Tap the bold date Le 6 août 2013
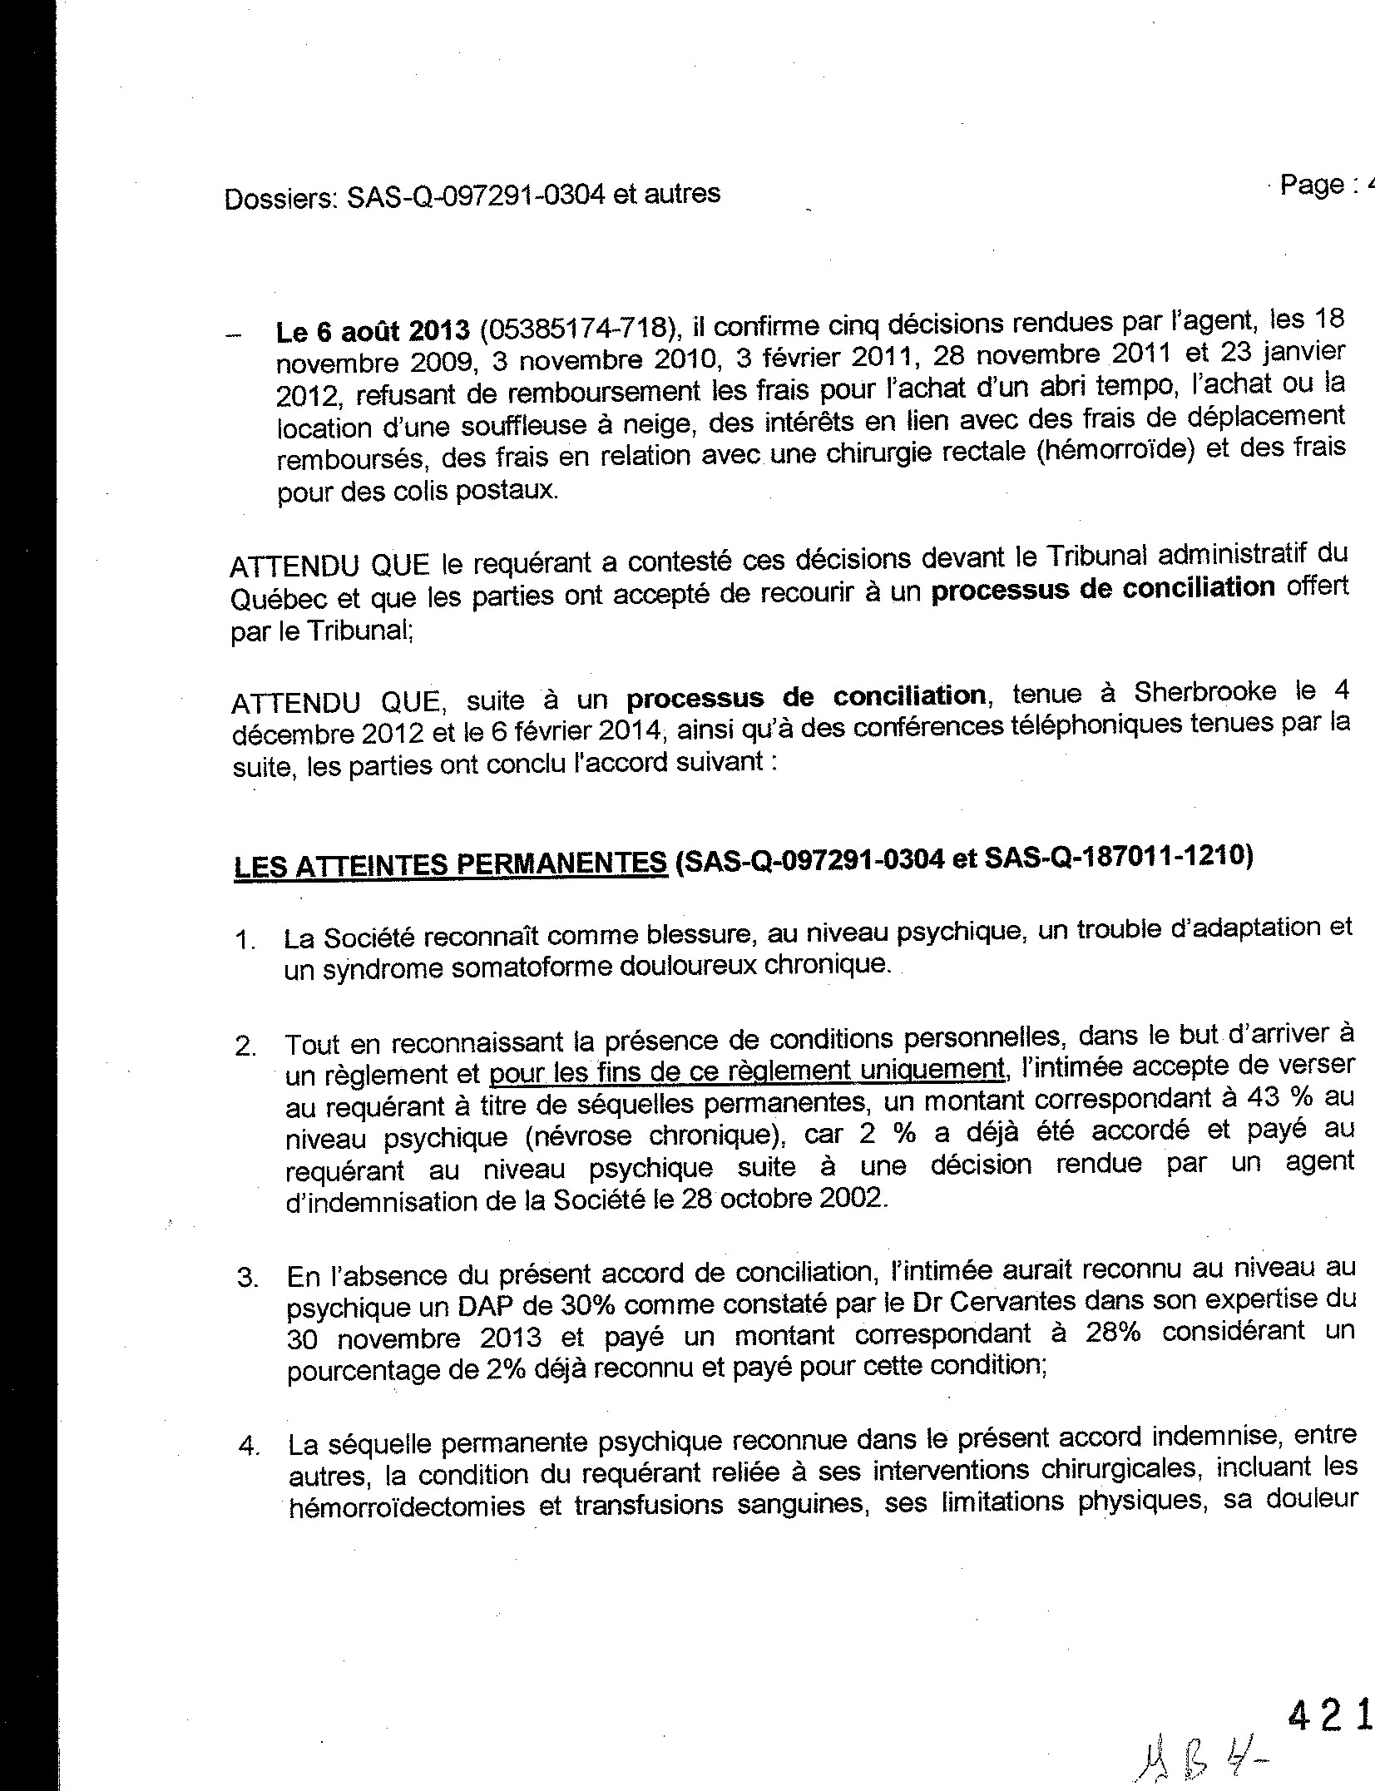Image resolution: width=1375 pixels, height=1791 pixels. [373, 330]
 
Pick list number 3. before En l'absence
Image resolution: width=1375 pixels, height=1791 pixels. [248, 1278]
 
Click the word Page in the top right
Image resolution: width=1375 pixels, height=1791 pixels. [1312, 185]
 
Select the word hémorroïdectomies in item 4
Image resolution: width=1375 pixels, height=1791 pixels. [407, 1507]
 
